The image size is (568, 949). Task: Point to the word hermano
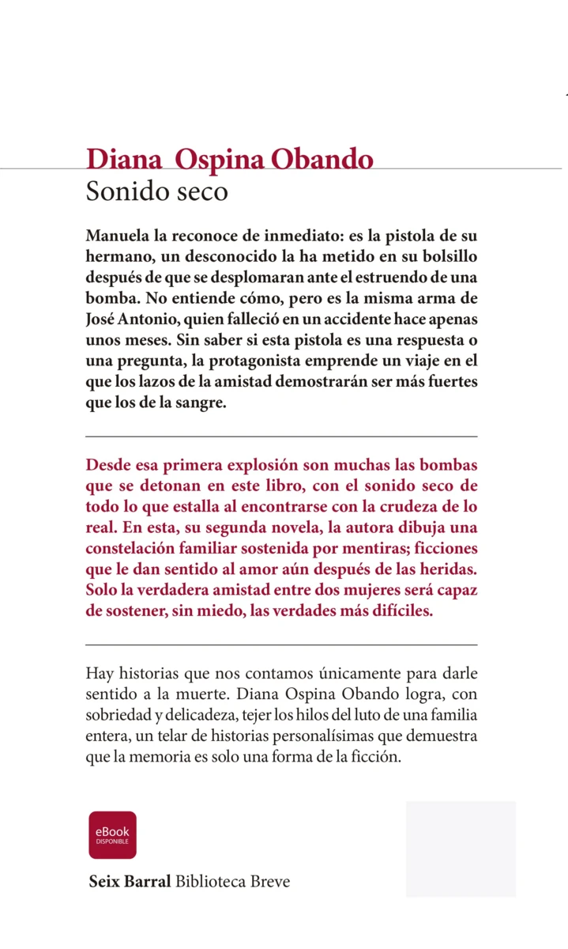click(115, 257)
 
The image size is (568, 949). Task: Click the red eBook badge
click(112, 834)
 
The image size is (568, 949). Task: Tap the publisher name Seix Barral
click(130, 881)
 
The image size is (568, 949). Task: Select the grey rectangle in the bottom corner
click(461, 849)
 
